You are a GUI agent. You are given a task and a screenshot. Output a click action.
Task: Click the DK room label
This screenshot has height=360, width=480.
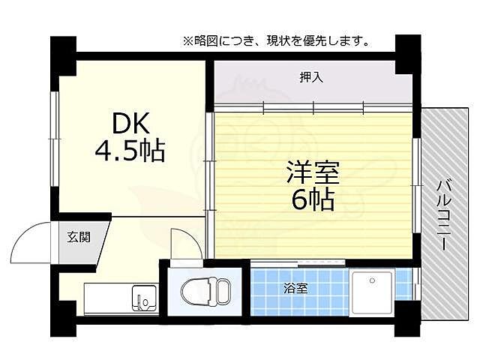click(x=131, y=123)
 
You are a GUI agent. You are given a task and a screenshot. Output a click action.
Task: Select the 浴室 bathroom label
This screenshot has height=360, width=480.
click(x=294, y=288)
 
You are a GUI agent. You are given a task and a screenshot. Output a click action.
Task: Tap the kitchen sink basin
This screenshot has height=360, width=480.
click(x=143, y=297)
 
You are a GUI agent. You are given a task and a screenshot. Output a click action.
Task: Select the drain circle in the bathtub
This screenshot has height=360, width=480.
click(x=371, y=280)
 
